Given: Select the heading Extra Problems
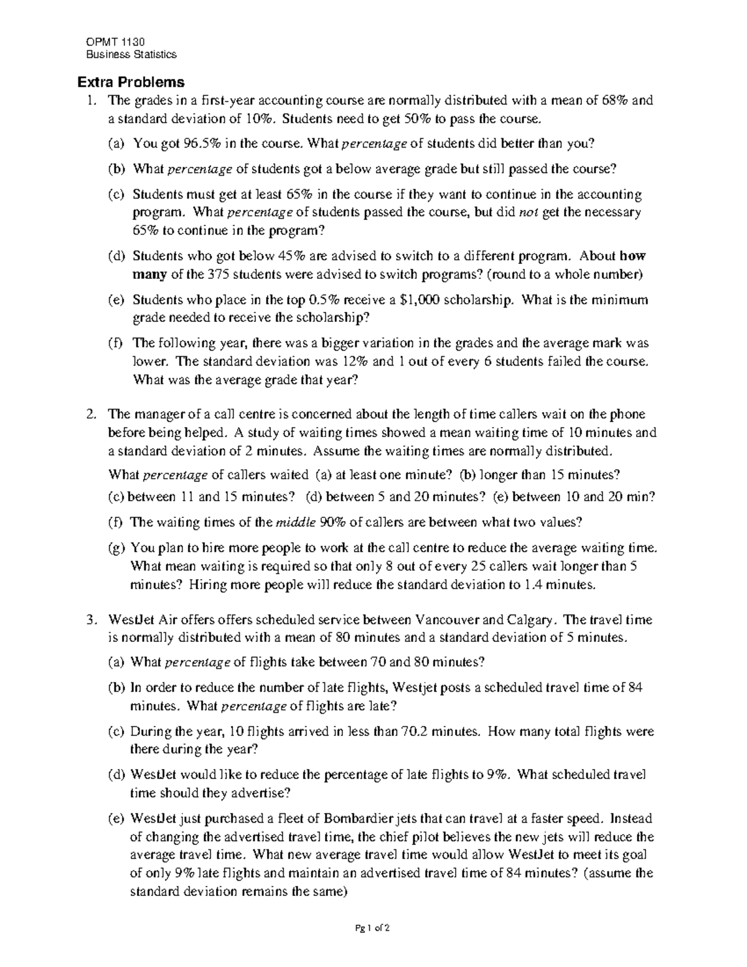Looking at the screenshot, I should pos(130,82).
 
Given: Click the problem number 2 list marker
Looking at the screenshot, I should pos(91,414).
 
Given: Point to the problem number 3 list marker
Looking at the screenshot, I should pos(91,620).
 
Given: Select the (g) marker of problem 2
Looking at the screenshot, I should pos(116,548).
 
